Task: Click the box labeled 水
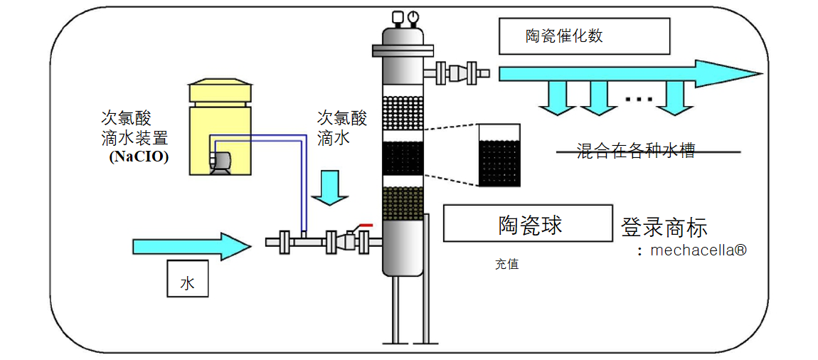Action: (188, 279)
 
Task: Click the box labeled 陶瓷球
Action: (528, 223)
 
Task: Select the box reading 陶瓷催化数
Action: (584, 36)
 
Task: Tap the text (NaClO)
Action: (139, 158)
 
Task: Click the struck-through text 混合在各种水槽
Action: (635, 151)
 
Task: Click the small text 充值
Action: (507, 265)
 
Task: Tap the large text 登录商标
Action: (664, 228)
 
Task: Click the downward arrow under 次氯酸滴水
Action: (330, 186)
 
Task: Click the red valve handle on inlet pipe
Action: (366, 226)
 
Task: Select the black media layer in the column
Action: (403, 158)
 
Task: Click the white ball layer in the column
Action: (403, 112)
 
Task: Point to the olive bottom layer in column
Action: (403, 204)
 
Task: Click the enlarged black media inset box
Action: (499, 156)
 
